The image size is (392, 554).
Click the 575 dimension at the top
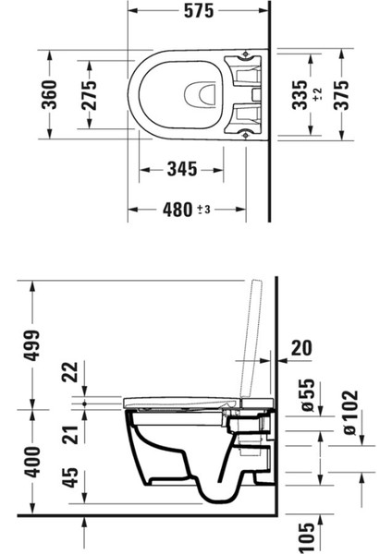(x=199, y=10)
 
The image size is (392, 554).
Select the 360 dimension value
(x=49, y=94)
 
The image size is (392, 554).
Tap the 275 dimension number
(x=89, y=95)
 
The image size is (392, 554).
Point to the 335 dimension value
(x=300, y=95)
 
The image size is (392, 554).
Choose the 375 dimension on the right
(x=341, y=95)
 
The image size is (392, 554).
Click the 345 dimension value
(x=182, y=169)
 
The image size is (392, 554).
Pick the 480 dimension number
(x=178, y=210)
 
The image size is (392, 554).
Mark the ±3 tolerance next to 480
(x=204, y=210)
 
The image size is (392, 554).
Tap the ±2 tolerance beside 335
(x=318, y=94)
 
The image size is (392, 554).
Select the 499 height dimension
(x=31, y=345)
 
